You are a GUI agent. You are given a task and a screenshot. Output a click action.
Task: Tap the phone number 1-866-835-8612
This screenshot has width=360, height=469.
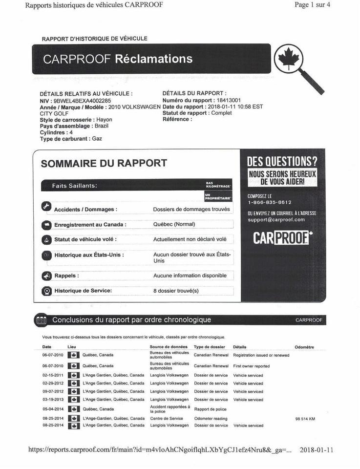(269, 202)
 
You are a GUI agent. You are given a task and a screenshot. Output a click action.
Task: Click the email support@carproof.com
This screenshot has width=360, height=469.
(276, 220)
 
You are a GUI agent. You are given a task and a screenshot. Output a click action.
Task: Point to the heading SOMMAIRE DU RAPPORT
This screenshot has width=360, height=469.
(104, 163)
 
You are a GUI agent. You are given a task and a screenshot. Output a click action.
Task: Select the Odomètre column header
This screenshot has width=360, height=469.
(304, 347)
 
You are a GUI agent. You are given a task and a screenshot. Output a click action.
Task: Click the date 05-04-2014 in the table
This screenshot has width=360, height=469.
(53, 409)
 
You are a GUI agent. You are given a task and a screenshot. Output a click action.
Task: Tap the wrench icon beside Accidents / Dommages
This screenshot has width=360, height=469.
(46, 207)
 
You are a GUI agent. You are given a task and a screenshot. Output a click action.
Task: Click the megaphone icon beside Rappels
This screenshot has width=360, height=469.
(46, 276)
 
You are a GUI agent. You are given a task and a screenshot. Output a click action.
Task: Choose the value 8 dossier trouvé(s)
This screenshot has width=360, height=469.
(176, 291)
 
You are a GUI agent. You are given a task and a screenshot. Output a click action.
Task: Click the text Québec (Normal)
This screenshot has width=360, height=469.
(174, 224)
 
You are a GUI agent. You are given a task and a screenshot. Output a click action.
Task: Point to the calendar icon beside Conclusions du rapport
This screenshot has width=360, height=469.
(42, 320)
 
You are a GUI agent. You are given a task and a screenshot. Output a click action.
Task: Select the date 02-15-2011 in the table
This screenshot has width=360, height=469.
(53, 375)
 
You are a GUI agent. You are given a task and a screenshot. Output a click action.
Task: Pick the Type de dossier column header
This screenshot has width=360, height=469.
(209, 347)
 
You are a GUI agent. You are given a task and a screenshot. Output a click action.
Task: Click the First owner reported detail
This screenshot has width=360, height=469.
(251, 366)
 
